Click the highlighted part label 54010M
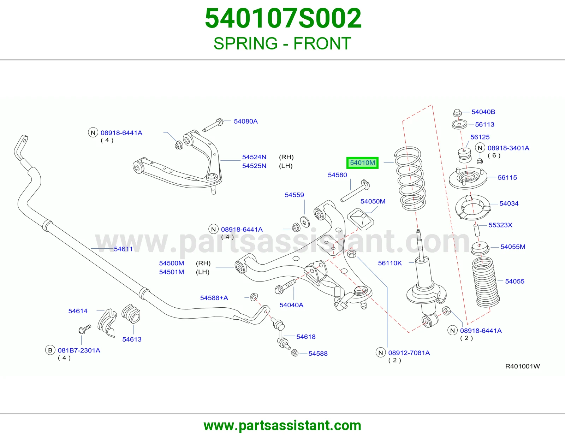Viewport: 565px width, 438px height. click(x=362, y=163)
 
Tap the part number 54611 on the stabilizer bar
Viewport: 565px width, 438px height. click(x=123, y=249)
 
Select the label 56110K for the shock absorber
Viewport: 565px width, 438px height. click(x=390, y=263)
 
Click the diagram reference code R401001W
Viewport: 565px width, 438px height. click(x=522, y=366)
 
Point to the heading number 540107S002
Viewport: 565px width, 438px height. click(x=283, y=18)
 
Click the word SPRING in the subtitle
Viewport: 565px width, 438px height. click(x=245, y=43)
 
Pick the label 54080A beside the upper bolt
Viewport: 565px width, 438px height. click(x=246, y=121)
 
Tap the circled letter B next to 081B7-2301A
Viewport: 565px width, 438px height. click(x=50, y=350)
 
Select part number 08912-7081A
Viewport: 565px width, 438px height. click(x=409, y=353)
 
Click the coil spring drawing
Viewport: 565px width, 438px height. click(x=410, y=179)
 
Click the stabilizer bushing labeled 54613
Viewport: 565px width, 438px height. click(x=131, y=314)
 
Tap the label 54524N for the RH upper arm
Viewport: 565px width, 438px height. click(x=254, y=157)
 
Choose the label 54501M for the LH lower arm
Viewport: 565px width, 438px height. click(x=171, y=272)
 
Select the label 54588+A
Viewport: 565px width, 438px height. click(x=214, y=298)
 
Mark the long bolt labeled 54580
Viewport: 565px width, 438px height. click(x=356, y=191)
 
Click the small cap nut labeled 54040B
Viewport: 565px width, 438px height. click(x=457, y=113)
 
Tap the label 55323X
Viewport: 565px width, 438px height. click(x=500, y=225)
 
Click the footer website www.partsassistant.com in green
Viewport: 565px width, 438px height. click(x=282, y=426)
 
